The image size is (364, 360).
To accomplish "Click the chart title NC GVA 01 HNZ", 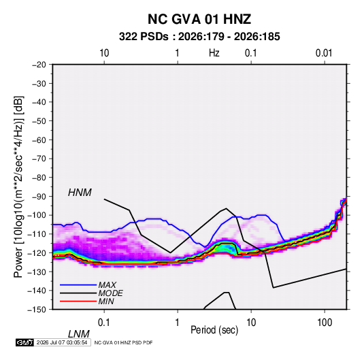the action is coord(199,19).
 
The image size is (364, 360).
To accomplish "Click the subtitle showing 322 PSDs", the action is coord(199,37).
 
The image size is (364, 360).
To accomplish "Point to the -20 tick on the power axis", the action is coord(39,65).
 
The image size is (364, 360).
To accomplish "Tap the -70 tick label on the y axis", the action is coord(39,159).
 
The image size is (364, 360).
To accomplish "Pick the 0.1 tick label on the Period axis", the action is coord(104,323).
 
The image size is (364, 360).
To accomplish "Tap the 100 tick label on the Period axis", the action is coord(325,323).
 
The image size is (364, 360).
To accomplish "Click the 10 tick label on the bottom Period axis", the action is coord(251,323).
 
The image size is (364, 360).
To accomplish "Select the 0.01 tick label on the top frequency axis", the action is coord(324,53).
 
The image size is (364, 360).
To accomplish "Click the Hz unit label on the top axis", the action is coord(214,53).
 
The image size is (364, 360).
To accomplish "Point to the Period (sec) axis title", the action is coord(214,330).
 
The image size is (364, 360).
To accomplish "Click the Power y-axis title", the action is coord(18,186).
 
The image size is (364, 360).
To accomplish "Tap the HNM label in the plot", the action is coord(80,193).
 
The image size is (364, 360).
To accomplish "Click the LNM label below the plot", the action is coord(78,334).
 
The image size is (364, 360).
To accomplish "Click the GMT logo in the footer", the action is coord(24,342).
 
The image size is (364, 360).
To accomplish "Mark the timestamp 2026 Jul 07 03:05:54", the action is coord(62,342).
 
